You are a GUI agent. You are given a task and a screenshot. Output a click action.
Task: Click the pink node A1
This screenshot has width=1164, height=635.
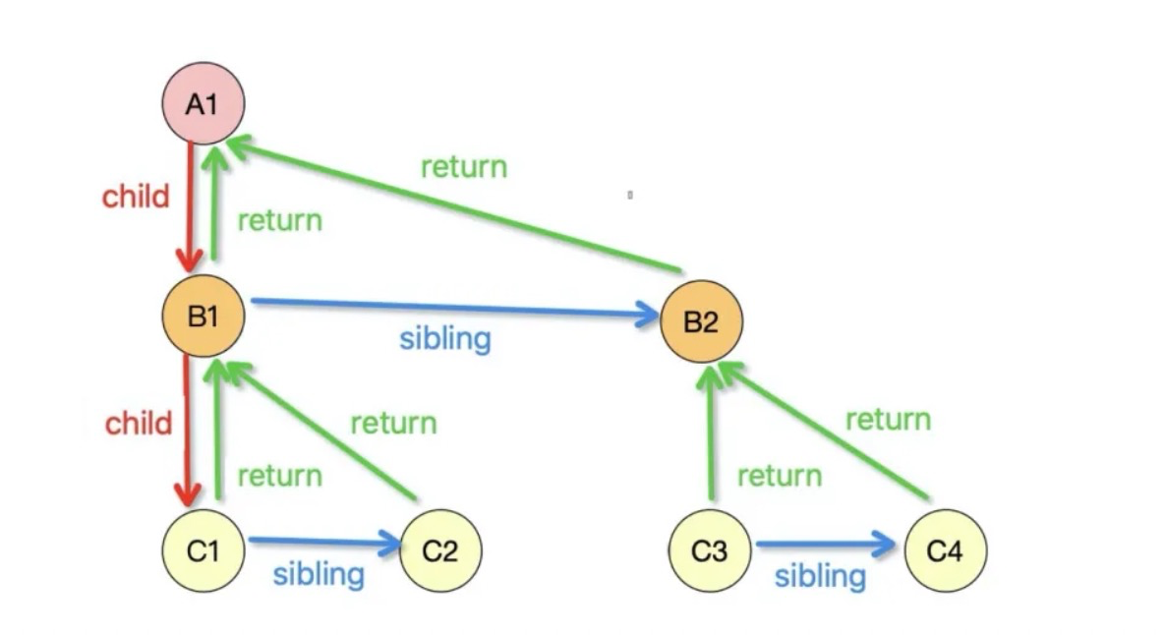pos(204,103)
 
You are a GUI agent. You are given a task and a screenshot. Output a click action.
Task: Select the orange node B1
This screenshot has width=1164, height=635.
pos(204,316)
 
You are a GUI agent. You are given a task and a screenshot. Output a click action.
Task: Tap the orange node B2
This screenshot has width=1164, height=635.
pos(702,321)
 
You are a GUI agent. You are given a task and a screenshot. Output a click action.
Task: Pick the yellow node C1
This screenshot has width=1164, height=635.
pos(204,550)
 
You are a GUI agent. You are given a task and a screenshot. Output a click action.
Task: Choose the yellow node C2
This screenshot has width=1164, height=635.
pos(440,550)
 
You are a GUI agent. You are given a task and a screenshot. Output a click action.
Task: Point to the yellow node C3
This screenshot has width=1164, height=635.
pos(710,550)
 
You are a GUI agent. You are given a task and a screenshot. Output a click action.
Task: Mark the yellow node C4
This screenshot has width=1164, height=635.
pos(946,550)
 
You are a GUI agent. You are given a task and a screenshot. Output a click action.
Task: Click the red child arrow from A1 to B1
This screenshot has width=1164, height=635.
pos(190,206)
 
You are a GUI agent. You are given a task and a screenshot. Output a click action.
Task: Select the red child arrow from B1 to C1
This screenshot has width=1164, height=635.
pos(187,431)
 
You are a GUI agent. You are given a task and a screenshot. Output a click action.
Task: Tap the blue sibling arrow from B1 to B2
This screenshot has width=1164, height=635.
pos(454,308)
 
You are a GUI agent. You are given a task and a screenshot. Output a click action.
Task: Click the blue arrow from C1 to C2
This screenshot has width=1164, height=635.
pos(324,543)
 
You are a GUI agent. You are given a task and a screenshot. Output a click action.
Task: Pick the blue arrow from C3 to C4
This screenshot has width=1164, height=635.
pos(826,545)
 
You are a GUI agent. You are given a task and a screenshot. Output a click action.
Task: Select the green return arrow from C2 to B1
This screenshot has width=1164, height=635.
pos(318,430)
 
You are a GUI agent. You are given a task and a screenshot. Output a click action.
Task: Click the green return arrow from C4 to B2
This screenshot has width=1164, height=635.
pos(824,431)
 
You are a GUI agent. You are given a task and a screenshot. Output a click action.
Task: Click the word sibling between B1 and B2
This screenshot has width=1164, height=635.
pos(445,339)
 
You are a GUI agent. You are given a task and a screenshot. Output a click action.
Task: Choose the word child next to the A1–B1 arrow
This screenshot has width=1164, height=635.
pos(136,197)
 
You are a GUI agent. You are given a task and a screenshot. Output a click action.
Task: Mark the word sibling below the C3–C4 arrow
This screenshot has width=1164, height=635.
pos(820,576)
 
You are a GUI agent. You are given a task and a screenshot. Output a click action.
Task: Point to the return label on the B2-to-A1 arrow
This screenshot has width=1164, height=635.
pos(464,167)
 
